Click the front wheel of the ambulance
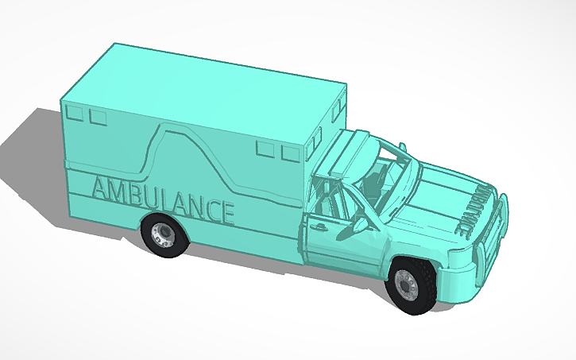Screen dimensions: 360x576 [x=411, y=285]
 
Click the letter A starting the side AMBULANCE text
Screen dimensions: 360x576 [x=101, y=189]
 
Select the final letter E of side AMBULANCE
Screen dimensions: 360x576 [x=226, y=212]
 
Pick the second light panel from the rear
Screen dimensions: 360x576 [x=98, y=118]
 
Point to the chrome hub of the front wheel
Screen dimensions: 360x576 [x=406, y=283]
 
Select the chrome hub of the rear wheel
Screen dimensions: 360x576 [x=162, y=234]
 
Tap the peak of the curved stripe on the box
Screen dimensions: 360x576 [x=178, y=129]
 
